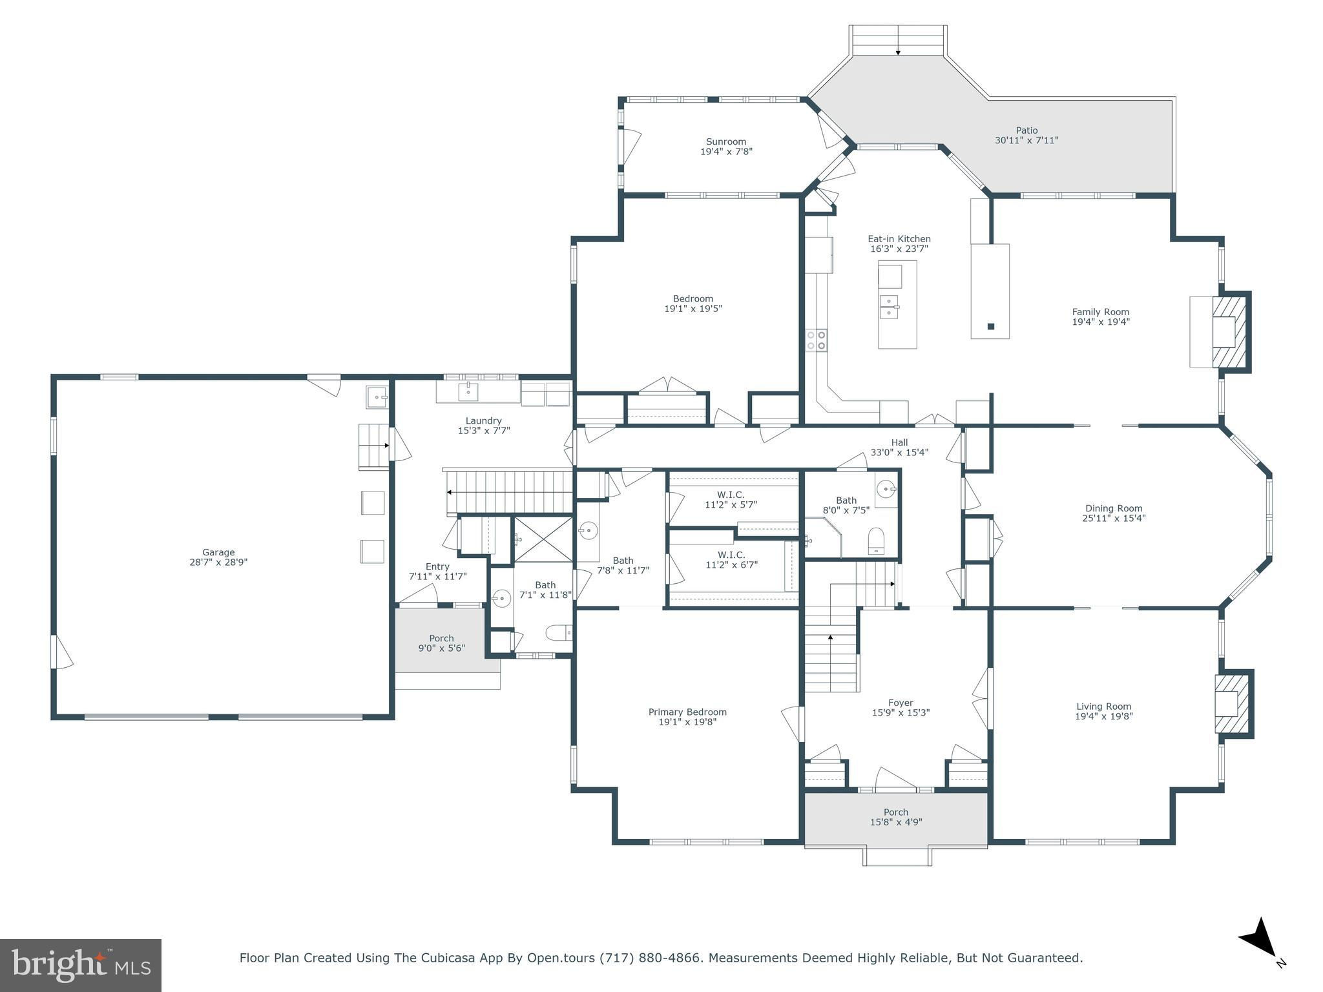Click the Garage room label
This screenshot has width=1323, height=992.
[x=218, y=552]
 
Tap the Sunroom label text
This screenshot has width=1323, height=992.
[x=726, y=141]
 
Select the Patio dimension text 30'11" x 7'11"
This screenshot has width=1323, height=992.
[x=1026, y=140]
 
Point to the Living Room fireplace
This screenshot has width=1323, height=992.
[x=1234, y=703]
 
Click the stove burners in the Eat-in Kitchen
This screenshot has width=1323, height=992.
[x=816, y=340]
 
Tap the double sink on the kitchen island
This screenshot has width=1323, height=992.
[x=890, y=307]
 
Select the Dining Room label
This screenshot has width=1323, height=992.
[x=1114, y=508]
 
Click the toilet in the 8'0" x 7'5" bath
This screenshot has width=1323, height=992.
[x=876, y=541]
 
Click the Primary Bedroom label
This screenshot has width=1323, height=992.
[x=687, y=712]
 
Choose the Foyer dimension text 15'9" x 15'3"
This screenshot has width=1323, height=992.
[x=901, y=713]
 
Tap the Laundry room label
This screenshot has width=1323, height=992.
[x=483, y=420]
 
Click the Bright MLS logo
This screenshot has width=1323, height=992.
[x=81, y=966]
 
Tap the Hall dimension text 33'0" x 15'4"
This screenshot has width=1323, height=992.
[x=899, y=453]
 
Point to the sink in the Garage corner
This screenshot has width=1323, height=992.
[x=377, y=397]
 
